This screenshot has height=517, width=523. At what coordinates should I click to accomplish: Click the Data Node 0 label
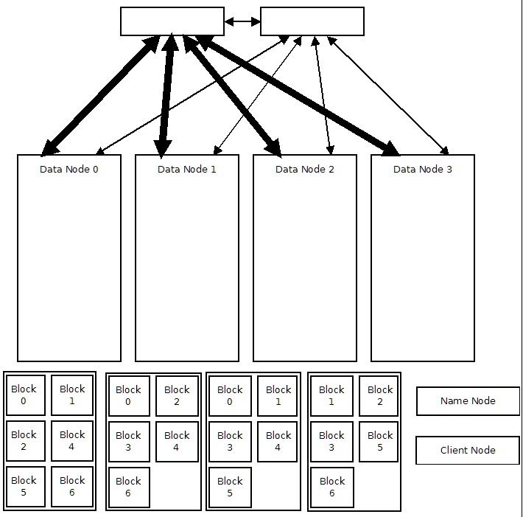tap(69, 170)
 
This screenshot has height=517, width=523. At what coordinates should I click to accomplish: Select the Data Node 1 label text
tap(186, 170)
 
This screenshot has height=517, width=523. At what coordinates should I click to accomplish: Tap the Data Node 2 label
tap(304, 170)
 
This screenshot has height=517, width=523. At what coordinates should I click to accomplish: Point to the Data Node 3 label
tap(422, 170)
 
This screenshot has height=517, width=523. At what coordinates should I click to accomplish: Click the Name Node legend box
tap(468, 401)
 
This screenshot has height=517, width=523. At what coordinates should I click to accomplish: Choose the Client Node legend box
tap(468, 450)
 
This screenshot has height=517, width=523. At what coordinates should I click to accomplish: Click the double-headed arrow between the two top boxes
tap(242, 21)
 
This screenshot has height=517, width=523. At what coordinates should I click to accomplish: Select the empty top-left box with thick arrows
tap(172, 21)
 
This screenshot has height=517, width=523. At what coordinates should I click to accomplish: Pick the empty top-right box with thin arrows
tap(312, 21)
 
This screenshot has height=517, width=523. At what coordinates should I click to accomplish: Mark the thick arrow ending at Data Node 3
tap(295, 96)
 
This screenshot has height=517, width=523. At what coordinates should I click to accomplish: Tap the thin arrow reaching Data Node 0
tap(192, 94)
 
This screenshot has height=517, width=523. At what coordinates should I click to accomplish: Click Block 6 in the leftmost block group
tap(72, 487)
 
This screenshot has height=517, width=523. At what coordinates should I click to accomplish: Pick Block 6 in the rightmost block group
tap(331, 487)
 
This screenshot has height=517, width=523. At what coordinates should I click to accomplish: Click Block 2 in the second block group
tap(177, 396)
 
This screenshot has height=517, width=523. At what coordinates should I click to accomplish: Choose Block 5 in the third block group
tap(230, 487)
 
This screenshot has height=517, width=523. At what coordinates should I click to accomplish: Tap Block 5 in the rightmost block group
tap(380, 441)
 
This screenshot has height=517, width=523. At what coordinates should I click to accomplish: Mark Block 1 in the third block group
tap(278, 395)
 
